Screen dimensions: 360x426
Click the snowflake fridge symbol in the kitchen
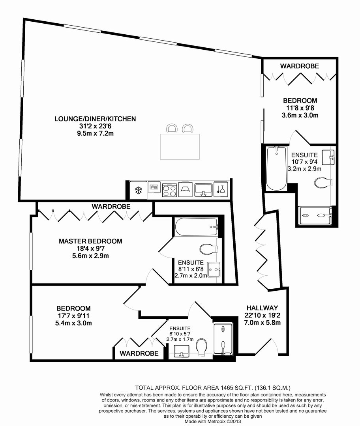pyautogui.click(x=139, y=190)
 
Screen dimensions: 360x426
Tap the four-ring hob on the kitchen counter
pyautogui.click(x=169, y=190)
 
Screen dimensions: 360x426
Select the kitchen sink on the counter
pyautogui.click(x=204, y=190)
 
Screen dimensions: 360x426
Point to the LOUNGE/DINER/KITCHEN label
pyautogui.click(x=95, y=119)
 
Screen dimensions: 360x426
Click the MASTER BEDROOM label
pyautogui.click(x=90, y=241)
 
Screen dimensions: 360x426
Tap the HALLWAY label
pyautogui.click(x=262, y=308)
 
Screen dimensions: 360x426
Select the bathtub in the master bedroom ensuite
pyautogui.click(x=197, y=227)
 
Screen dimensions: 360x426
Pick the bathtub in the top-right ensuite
pyautogui.click(x=277, y=168)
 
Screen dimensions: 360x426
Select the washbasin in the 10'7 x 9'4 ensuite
pyautogui.click(x=328, y=157)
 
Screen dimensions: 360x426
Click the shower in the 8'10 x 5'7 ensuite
pyautogui.click(x=223, y=339)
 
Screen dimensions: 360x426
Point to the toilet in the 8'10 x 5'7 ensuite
pyautogui.click(x=201, y=346)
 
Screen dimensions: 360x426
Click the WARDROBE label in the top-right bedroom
pyautogui.click(x=299, y=66)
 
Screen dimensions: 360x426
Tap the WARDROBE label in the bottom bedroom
pyautogui.click(x=139, y=353)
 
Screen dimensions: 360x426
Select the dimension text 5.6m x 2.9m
pyautogui.click(x=90, y=256)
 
